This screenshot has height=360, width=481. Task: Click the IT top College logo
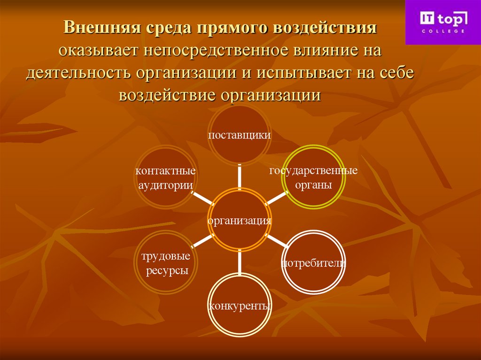(x=443, y=22)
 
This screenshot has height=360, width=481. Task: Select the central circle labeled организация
(x=240, y=220)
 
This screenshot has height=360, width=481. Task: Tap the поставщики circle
(x=240, y=135)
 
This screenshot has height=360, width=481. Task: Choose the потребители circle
(x=313, y=262)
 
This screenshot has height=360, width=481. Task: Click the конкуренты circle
(x=240, y=306)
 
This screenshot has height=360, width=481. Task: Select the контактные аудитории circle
(x=165, y=177)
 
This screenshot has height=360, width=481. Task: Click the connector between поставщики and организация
(x=240, y=176)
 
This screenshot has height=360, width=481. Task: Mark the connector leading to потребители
(x=277, y=241)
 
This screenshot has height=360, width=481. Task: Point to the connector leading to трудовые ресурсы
(x=202, y=241)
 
